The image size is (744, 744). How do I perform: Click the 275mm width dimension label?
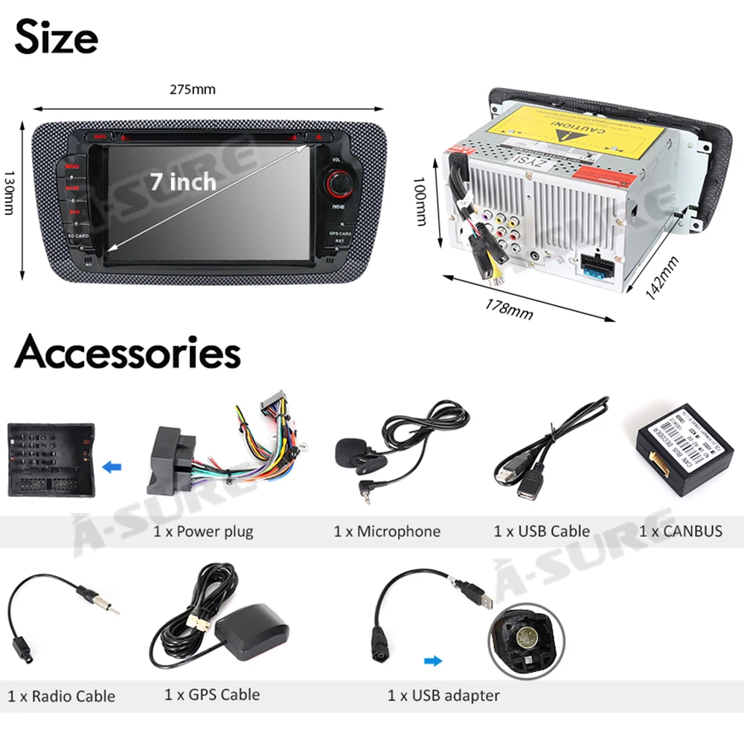[x=193, y=90]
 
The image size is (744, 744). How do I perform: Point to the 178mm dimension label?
[x=509, y=307]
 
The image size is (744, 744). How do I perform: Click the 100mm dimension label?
[x=420, y=201]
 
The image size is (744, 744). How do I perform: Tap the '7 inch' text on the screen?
[x=182, y=181]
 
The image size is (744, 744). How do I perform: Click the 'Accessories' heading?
[x=127, y=352]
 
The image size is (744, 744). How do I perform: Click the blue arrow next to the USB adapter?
[x=432, y=660]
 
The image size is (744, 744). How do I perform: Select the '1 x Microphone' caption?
[x=387, y=531]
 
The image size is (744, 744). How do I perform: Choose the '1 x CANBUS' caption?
[x=681, y=531]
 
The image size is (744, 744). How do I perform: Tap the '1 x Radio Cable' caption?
[x=62, y=696]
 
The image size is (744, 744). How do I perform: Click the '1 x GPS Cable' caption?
[x=212, y=695]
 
